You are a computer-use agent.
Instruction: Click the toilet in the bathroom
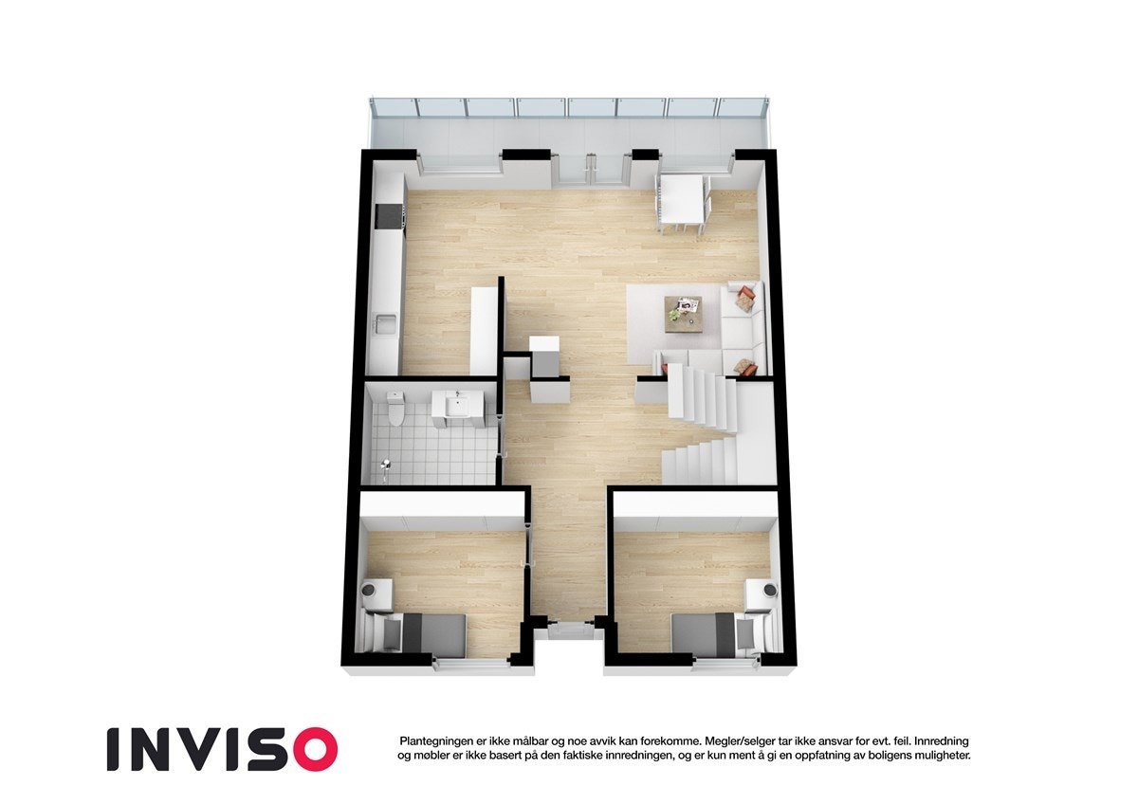396,409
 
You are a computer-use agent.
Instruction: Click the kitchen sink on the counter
385,325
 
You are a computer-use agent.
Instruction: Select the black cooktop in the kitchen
390,217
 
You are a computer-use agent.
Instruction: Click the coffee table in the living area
684,313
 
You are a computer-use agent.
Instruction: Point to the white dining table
681,198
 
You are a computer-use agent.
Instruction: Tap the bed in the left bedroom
421,632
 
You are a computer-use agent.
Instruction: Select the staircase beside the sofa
703,427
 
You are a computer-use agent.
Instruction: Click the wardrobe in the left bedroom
444,510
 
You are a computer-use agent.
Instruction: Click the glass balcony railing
569,108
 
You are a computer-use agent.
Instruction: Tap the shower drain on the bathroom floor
385,465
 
